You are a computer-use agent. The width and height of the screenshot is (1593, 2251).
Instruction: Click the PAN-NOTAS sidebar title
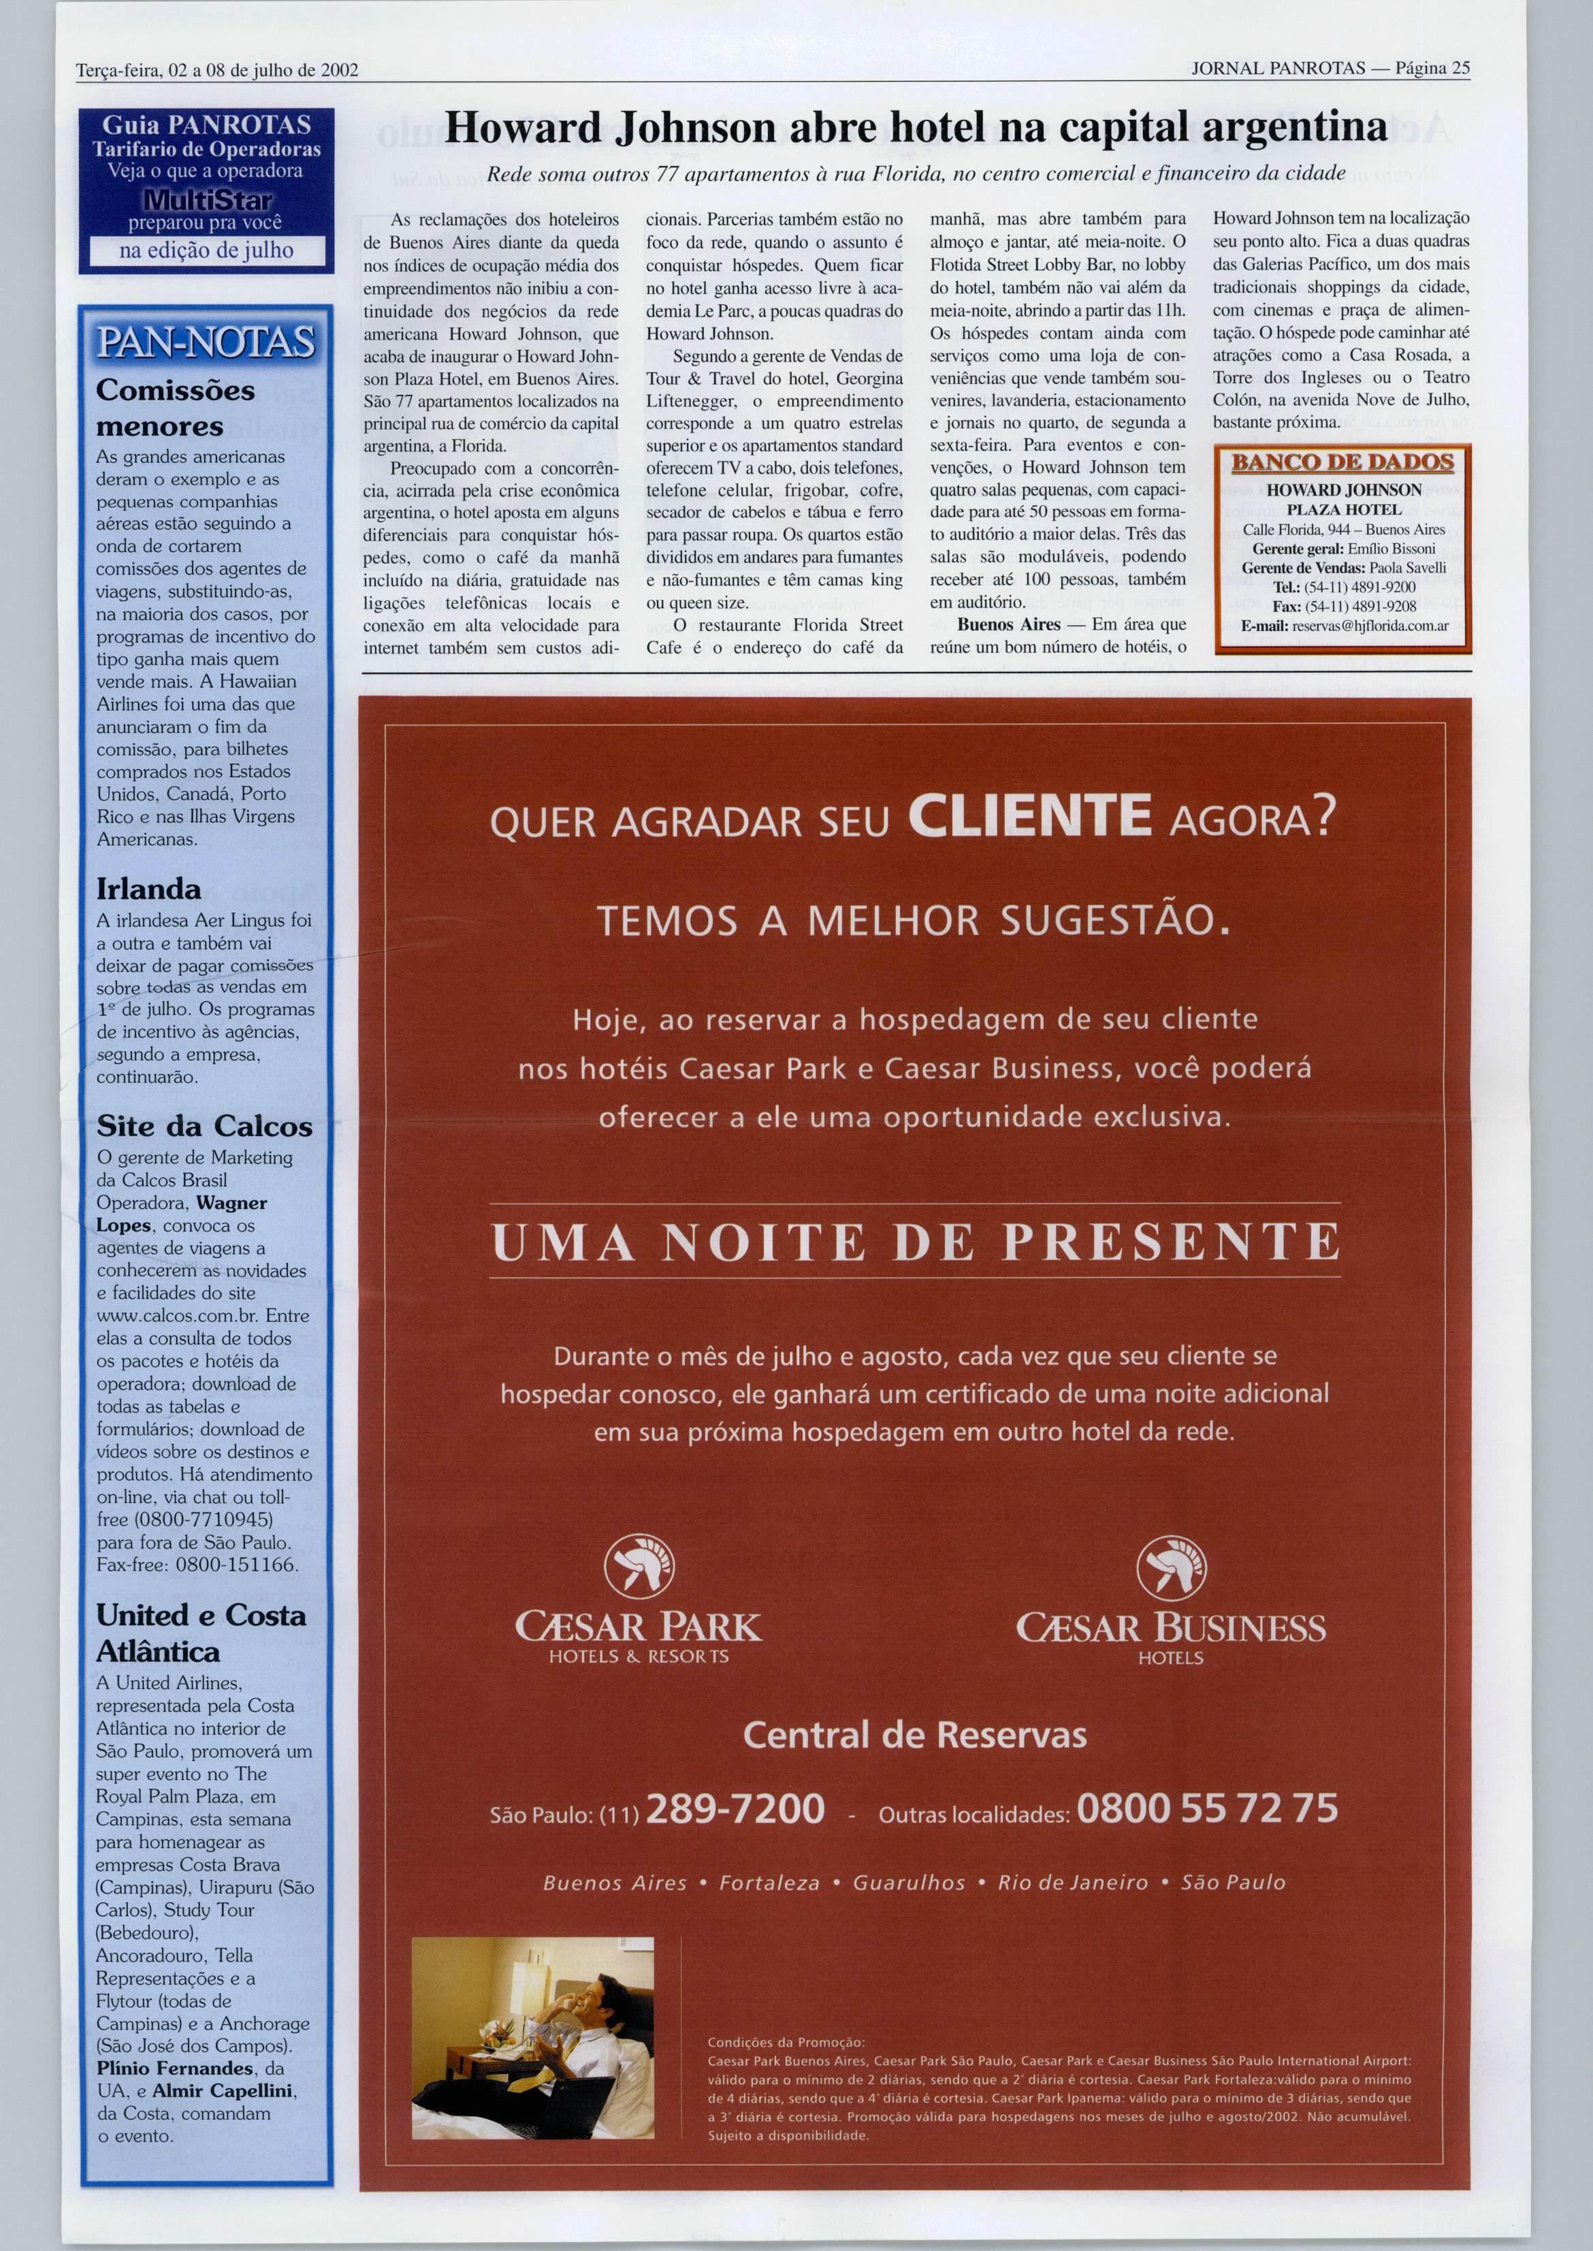coord(206,342)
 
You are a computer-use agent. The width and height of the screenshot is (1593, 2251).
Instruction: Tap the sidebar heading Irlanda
coord(148,889)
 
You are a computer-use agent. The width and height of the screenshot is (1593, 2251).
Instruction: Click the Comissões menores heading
coord(174,408)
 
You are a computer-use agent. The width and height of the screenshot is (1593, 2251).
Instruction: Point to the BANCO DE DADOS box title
coord(1342,462)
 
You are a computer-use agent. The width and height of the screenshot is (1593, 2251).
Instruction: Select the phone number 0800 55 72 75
coord(1206,1808)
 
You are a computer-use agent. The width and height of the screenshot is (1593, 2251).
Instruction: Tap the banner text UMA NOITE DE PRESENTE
coord(915,1242)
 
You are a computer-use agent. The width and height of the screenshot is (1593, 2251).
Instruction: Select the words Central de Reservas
coord(914,1735)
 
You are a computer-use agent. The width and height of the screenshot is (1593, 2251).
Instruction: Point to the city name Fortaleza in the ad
coord(769,1882)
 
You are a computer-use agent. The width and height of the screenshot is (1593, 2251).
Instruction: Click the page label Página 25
coord(1433,69)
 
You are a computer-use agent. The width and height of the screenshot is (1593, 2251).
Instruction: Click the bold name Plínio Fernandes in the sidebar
coord(174,2069)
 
